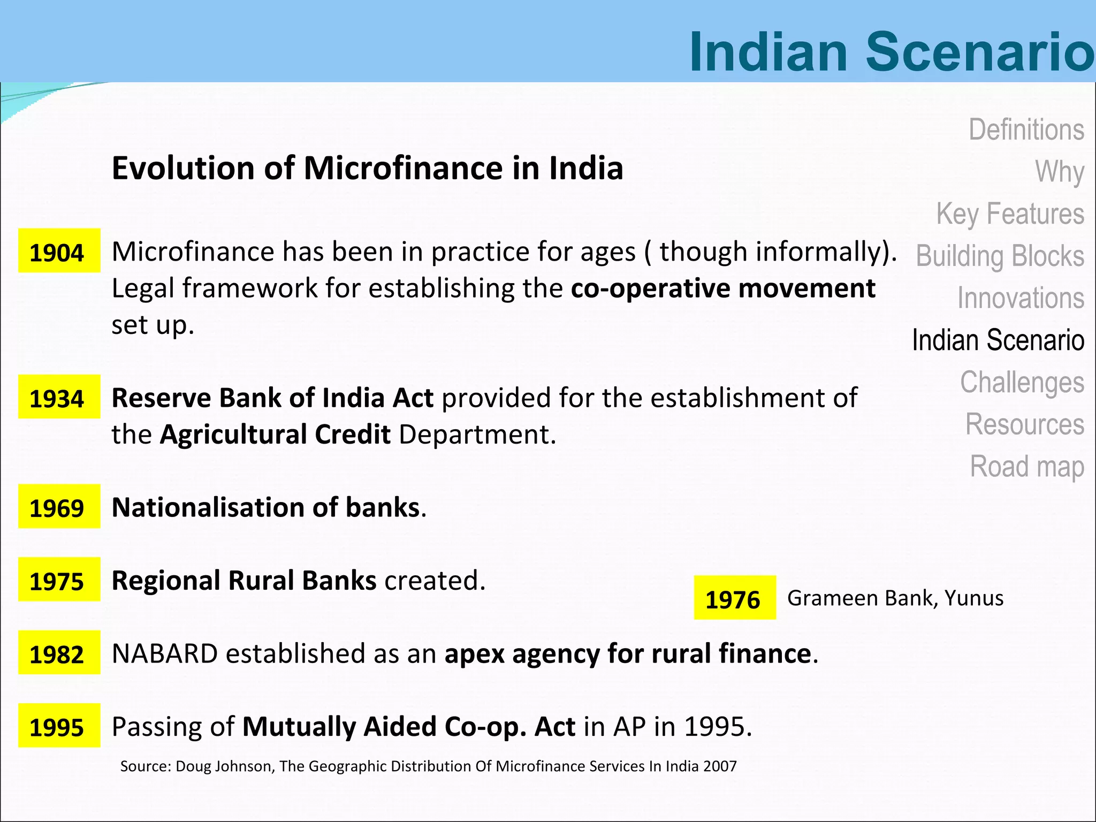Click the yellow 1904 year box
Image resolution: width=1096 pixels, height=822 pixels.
pyautogui.click(x=59, y=250)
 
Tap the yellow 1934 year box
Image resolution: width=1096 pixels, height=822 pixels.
pyautogui.click(x=59, y=397)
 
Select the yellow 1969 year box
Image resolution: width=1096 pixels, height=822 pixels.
pyautogui.click(x=59, y=506)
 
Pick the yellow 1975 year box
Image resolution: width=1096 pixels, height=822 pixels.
pyautogui.click(x=59, y=580)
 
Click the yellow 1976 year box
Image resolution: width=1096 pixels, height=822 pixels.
pyautogui.click(x=735, y=598)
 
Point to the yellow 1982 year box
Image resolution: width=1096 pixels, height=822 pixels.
pyautogui.click(x=59, y=652)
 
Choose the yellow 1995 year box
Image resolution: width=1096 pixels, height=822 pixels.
pyautogui.click(x=59, y=726)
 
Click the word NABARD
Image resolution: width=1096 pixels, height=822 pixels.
pyautogui.click(x=165, y=653)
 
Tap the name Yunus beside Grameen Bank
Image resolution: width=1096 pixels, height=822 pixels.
pyautogui.click(x=973, y=598)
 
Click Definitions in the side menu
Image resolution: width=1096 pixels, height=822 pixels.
pyautogui.click(x=1026, y=130)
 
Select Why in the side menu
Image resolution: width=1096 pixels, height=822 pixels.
pyautogui.click(x=1059, y=172)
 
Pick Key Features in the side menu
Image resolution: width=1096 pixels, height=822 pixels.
pyautogui.click(x=1010, y=214)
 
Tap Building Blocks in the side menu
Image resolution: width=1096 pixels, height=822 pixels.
pyautogui.click(x=1000, y=256)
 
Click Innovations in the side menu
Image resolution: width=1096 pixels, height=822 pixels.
pyautogui.click(x=1021, y=298)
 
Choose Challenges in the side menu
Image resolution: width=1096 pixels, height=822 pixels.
pyautogui.click(x=1022, y=382)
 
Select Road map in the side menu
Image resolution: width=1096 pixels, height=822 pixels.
pyautogui.click(x=1026, y=467)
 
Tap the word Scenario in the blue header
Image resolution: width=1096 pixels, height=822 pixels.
pyautogui.click(x=979, y=51)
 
